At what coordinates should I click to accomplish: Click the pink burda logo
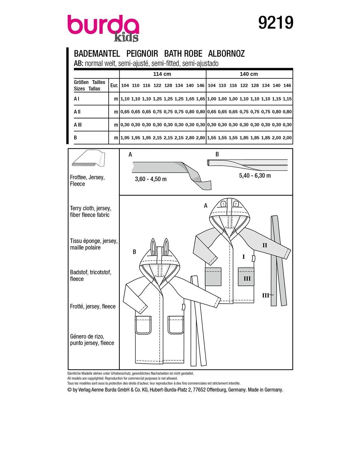coord(103,24)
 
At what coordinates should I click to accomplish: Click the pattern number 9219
coord(275,23)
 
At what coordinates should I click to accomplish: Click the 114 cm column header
coord(162,74)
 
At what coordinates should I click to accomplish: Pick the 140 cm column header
coord(249,74)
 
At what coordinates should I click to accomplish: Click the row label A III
coord(78,125)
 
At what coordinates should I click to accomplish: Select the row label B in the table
coord(75,138)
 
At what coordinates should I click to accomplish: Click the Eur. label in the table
coord(114,85)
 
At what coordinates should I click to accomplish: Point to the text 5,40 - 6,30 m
coord(255,175)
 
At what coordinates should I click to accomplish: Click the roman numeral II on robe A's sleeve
coord(265,245)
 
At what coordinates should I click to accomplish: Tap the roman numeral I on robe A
coord(243,257)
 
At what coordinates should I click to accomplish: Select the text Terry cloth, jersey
coord(90,208)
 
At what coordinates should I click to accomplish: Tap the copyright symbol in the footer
coord(69,390)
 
